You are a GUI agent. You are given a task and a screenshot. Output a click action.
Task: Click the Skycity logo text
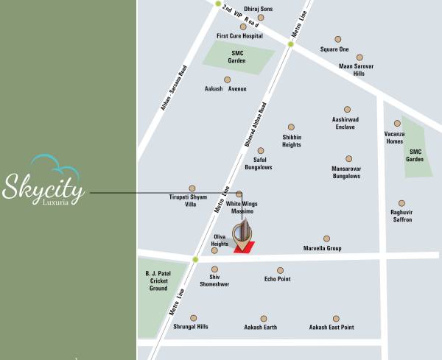point(43,186)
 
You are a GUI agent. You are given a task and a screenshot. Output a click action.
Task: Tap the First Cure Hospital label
point(239,35)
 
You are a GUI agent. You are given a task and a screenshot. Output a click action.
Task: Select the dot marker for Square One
point(338,39)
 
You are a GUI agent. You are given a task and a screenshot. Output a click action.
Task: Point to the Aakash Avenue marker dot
point(227,80)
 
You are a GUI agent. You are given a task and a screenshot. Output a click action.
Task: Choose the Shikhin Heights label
point(292,141)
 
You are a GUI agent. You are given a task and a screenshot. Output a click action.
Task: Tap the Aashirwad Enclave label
point(345,123)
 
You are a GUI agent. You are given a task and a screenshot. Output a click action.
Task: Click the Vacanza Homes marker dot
point(397,124)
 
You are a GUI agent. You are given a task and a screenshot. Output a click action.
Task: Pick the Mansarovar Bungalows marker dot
point(348,158)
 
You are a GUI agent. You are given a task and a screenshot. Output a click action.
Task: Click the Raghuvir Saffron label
point(401,216)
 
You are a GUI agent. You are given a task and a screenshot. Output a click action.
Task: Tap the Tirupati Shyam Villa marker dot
point(192,188)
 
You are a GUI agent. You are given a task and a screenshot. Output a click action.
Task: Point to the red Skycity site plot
point(245,247)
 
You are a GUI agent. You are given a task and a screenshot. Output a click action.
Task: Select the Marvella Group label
point(323,249)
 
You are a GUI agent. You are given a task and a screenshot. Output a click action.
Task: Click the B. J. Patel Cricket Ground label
point(158,280)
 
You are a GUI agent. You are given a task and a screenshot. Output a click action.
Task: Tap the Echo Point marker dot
point(280,270)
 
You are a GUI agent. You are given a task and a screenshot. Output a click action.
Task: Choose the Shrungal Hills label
point(191,327)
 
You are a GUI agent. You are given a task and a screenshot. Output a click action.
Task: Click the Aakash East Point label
point(331,327)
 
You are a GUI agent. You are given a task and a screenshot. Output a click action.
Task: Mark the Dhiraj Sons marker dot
point(261,18)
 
